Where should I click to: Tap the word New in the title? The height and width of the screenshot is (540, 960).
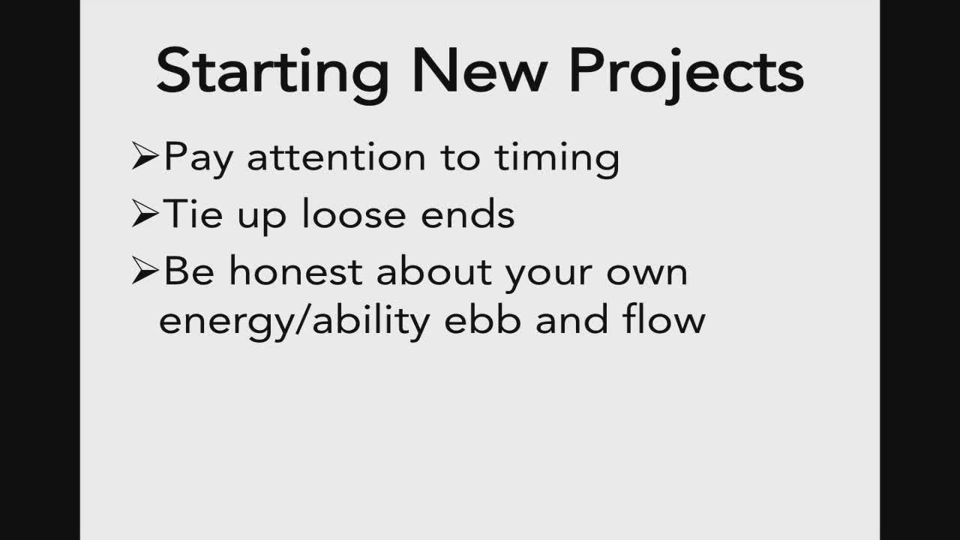480,70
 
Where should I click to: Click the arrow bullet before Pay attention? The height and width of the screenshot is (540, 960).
145,156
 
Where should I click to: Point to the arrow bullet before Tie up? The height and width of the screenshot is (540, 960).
145,213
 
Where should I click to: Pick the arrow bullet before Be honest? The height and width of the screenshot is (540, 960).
145,271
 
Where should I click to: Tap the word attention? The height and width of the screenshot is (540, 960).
337,157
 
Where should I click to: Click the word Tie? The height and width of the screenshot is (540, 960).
193,214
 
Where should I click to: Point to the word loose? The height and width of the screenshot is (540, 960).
353,214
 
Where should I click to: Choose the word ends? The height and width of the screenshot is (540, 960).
467,214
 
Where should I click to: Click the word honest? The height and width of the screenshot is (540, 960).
295,271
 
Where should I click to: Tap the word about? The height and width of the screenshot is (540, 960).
433,271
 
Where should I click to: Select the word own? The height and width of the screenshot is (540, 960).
646,275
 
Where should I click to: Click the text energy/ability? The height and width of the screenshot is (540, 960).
294,322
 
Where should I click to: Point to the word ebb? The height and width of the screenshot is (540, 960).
482,319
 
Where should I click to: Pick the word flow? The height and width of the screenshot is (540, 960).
664,319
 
